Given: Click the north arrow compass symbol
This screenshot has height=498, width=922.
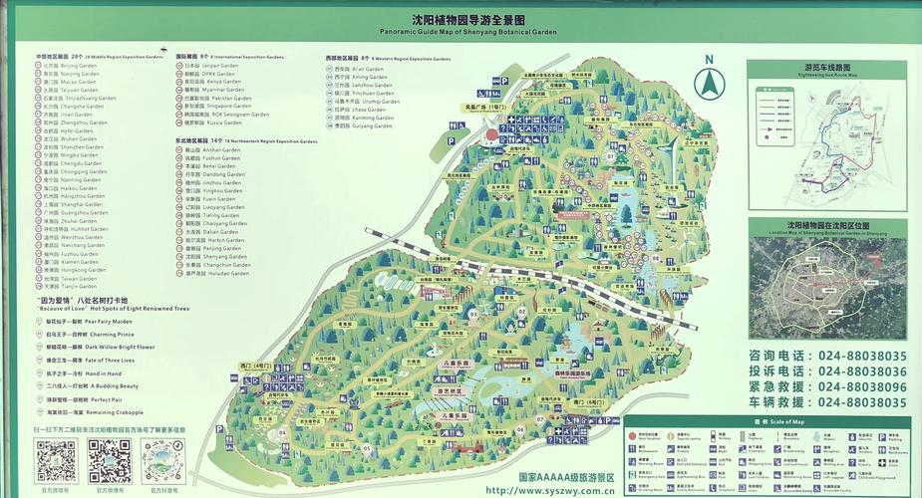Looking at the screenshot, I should point(710,82).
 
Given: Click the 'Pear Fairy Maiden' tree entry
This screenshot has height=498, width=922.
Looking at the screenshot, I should point(90,322).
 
